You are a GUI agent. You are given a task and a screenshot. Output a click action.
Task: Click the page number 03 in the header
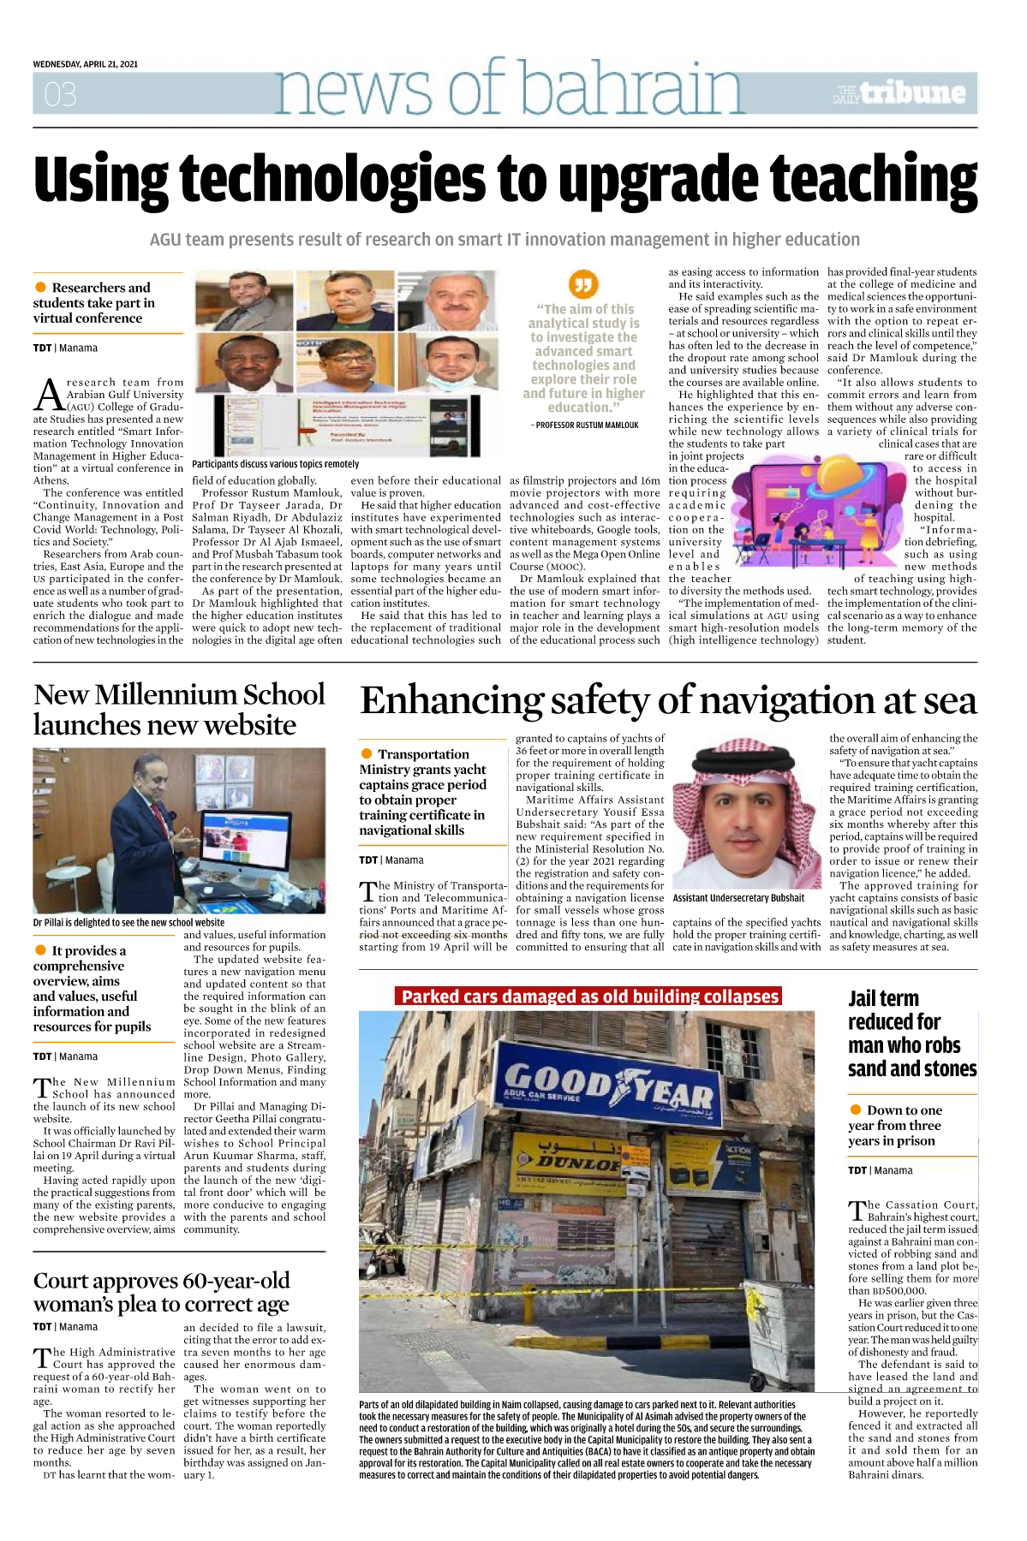point(60,94)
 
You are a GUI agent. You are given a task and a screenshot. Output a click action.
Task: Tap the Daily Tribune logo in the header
point(899,93)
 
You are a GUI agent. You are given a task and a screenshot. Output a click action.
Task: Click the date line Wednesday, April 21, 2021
point(86,64)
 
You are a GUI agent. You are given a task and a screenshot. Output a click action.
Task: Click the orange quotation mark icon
point(583,283)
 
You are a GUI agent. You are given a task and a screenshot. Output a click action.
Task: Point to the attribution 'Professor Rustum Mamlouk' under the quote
point(585,425)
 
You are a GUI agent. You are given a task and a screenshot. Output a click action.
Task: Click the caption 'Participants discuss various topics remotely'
point(276,464)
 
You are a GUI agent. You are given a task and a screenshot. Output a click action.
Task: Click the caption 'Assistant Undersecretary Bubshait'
point(738,898)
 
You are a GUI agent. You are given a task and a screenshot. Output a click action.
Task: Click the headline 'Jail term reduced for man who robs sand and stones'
point(911,1033)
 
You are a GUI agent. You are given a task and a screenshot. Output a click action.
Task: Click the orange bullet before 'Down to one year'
point(856,1110)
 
